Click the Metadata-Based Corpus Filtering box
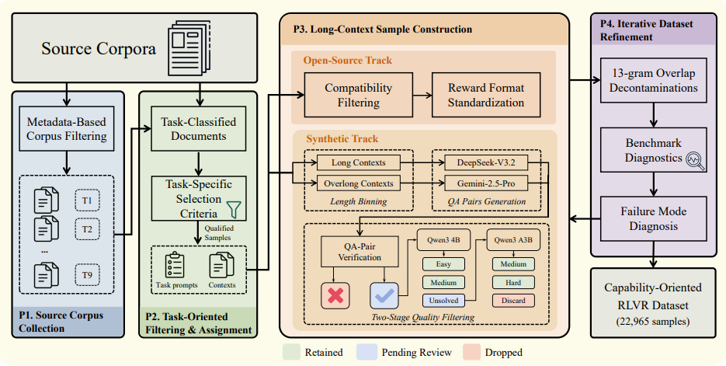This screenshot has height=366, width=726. pyautogui.click(x=67, y=129)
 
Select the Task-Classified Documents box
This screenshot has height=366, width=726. pyautogui.click(x=199, y=129)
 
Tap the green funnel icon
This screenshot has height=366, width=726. pyautogui.click(x=234, y=209)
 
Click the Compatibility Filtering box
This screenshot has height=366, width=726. pyautogui.click(x=359, y=95)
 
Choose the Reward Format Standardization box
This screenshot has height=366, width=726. pyautogui.click(x=486, y=95)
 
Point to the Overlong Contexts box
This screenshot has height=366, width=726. pyautogui.click(x=359, y=183)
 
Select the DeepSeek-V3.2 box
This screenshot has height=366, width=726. pyautogui.click(x=486, y=162)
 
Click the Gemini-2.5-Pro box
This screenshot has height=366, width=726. pyautogui.click(x=486, y=183)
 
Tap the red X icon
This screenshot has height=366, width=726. pyautogui.click(x=335, y=295)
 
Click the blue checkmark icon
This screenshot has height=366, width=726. pyautogui.click(x=384, y=295)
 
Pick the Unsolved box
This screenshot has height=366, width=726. pyautogui.click(x=443, y=301)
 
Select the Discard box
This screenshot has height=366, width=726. pyautogui.click(x=513, y=301)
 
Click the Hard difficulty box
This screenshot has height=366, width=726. pyautogui.click(x=513, y=283)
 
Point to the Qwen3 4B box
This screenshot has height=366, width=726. pyautogui.click(x=443, y=240)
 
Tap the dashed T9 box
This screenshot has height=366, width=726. pyautogui.click(x=87, y=275)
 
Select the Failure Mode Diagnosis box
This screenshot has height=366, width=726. pyautogui.click(x=653, y=218)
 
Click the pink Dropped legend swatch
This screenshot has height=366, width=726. pyautogui.click(x=472, y=353)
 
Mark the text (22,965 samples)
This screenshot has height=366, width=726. pyautogui.click(x=653, y=322)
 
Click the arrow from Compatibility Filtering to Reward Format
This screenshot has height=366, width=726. pyautogui.click(x=422, y=96)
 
